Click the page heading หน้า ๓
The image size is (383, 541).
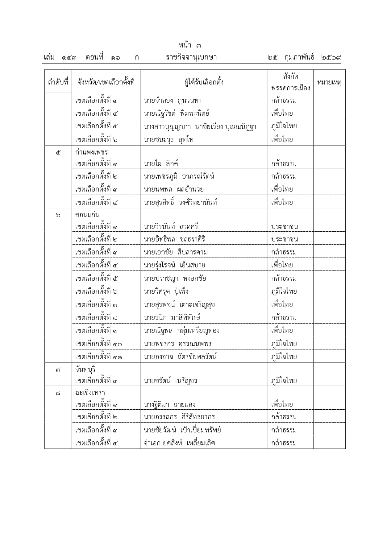click(x=189, y=46)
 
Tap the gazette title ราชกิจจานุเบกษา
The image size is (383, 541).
click(x=191, y=57)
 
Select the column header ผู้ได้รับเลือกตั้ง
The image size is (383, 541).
click(x=204, y=82)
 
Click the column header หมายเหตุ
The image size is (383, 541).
click(x=329, y=82)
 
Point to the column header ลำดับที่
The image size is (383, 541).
click(x=58, y=82)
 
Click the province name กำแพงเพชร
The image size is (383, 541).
click(x=91, y=152)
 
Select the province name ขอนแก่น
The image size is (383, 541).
click(x=87, y=215)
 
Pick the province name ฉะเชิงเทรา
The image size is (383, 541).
click(x=90, y=393)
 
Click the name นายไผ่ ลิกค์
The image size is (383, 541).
click(x=161, y=163)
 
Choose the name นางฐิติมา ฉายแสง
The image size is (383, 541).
click(x=169, y=404)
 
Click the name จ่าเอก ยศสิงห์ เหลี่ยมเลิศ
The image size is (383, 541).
click(x=179, y=443)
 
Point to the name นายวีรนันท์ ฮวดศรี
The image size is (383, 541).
click(x=171, y=227)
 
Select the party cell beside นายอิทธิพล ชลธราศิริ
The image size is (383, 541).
click(x=285, y=239)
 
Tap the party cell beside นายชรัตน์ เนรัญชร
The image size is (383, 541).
click(x=284, y=381)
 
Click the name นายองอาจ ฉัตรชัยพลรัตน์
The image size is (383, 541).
click(x=180, y=357)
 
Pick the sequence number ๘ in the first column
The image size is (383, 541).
click(x=58, y=393)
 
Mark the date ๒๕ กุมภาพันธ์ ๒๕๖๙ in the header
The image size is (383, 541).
click(x=304, y=57)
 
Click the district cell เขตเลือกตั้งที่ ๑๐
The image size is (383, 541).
click(x=99, y=344)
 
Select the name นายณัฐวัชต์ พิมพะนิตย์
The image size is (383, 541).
click(x=177, y=113)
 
